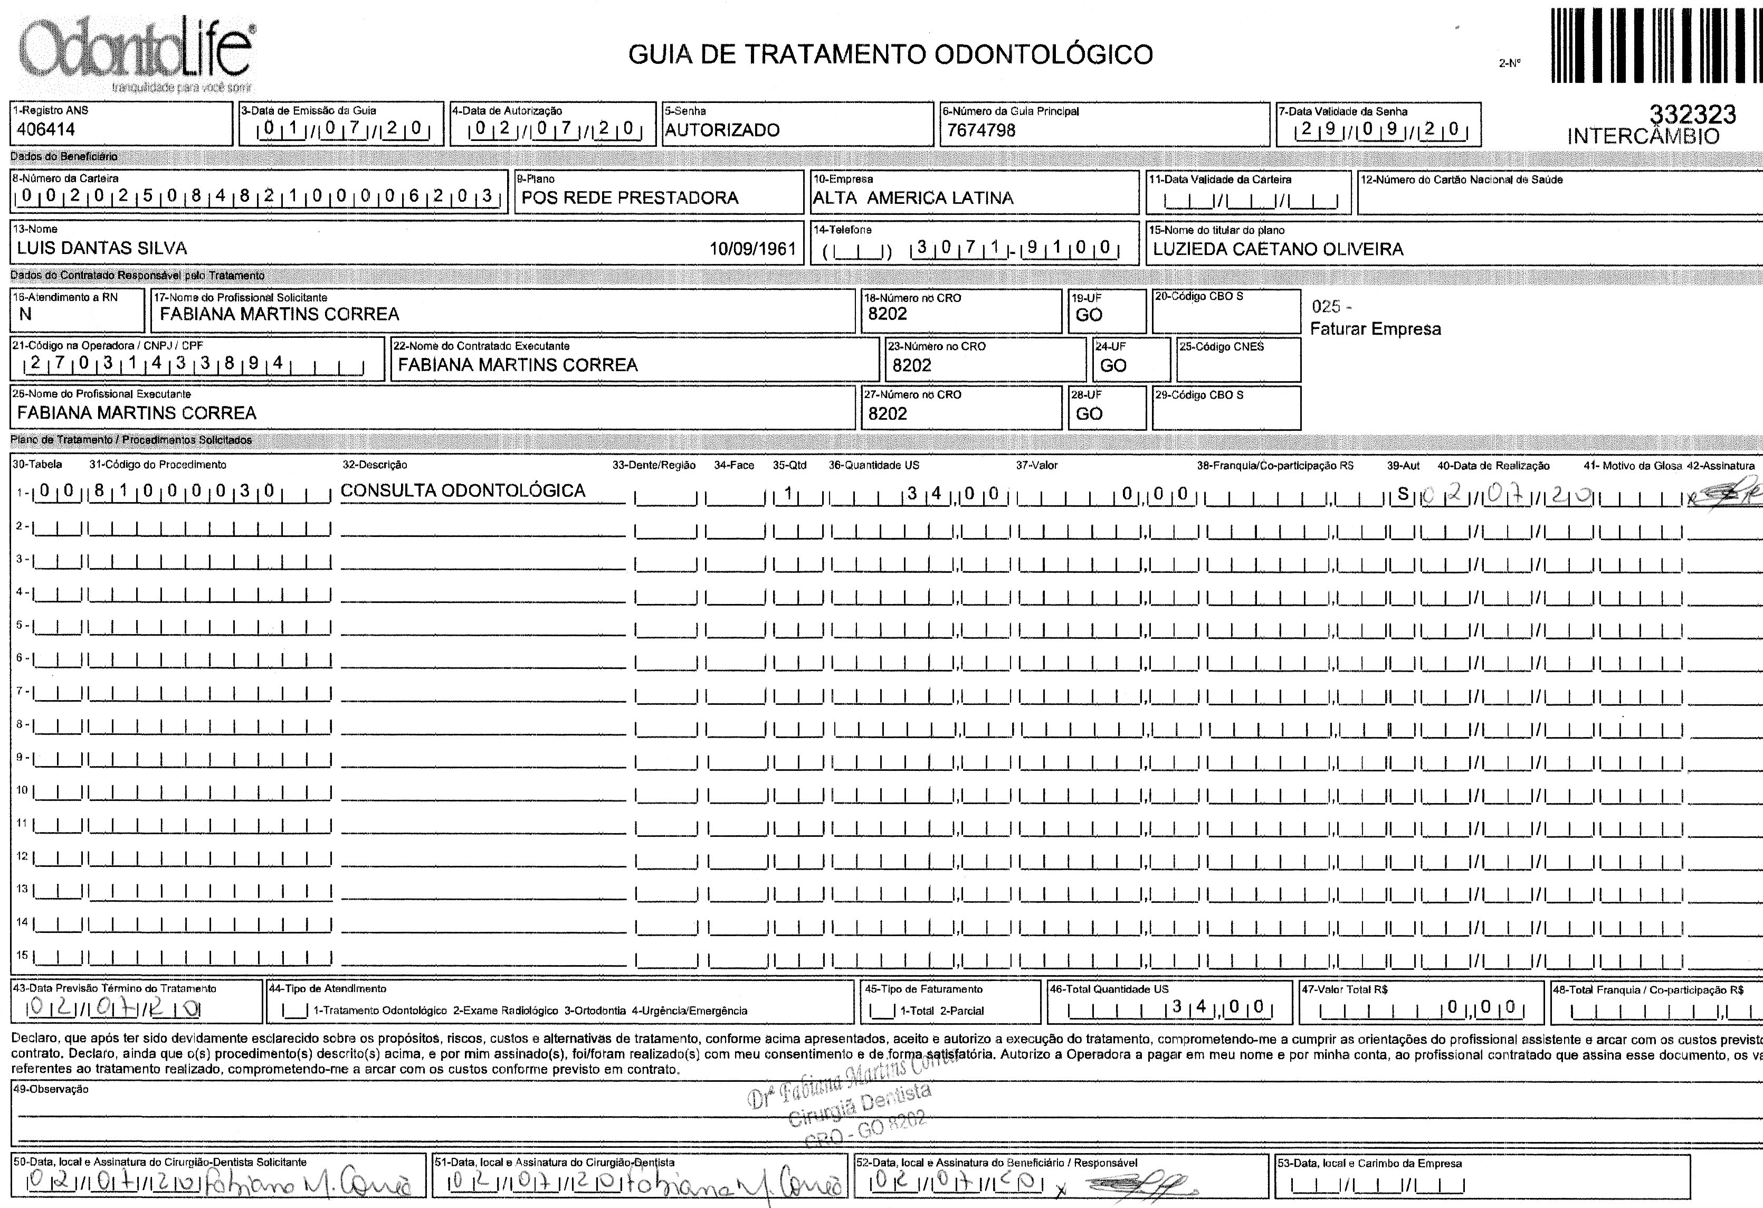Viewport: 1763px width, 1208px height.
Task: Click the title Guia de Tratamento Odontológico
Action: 891,54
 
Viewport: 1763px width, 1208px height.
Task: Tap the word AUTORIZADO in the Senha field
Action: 722,130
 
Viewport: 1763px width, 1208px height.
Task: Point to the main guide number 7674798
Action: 981,130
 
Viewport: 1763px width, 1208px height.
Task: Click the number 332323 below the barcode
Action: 1692,115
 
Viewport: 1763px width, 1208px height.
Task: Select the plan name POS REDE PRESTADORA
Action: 630,198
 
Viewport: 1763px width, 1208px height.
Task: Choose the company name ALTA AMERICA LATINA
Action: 912,198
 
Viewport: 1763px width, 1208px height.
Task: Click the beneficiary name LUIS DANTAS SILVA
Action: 102,248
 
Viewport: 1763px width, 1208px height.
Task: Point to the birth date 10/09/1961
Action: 752,249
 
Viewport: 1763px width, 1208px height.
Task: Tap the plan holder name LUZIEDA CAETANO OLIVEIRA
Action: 1278,249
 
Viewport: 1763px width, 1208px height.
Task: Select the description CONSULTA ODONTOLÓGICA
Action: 463,491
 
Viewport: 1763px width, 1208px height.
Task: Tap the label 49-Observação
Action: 51,1089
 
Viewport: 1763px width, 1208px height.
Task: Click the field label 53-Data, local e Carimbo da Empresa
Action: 1369,1163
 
